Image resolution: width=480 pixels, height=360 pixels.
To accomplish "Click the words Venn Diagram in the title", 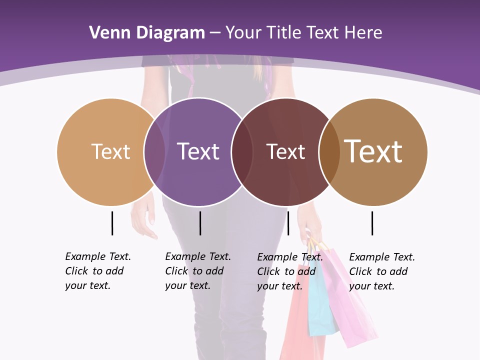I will pyautogui.click(x=147, y=33).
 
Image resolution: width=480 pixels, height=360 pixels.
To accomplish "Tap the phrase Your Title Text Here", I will pyautogui.click(x=303, y=33).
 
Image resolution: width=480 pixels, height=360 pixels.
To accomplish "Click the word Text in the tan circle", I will pyautogui.click(x=110, y=151).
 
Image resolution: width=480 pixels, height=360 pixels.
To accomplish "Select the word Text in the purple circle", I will pyautogui.click(x=198, y=151).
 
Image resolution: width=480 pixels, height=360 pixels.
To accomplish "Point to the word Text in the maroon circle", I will pyautogui.click(x=285, y=151).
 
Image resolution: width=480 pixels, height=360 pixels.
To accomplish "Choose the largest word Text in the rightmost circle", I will pyautogui.click(x=373, y=151).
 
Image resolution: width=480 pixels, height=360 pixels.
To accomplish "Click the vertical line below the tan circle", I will pyautogui.click(x=112, y=223).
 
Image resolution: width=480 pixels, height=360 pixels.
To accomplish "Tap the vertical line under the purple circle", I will pyautogui.click(x=200, y=223).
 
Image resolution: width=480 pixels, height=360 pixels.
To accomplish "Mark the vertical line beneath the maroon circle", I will pyautogui.click(x=288, y=223).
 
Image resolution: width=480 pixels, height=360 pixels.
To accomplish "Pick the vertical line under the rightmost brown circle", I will pyautogui.click(x=372, y=223).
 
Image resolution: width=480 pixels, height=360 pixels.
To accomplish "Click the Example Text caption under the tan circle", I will pyautogui.click(x=97, y=271).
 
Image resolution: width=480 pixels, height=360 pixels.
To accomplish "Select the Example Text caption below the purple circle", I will pyautogui.click(x=197, y=271).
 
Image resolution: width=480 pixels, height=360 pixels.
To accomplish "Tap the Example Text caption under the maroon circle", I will pyautogui.click(x=289, y=271).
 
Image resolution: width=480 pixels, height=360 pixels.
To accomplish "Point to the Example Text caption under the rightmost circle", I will pyautogui.click(x=381, y=271).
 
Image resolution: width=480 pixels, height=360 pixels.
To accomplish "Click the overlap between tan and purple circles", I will pyautogui.click(x=154, y=151).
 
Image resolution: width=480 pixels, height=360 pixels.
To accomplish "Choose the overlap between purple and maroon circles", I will pyautogui.click(x=242, y=151).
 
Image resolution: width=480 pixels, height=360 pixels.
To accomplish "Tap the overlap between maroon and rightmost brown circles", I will pyautogui.click(x=329, y=151).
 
